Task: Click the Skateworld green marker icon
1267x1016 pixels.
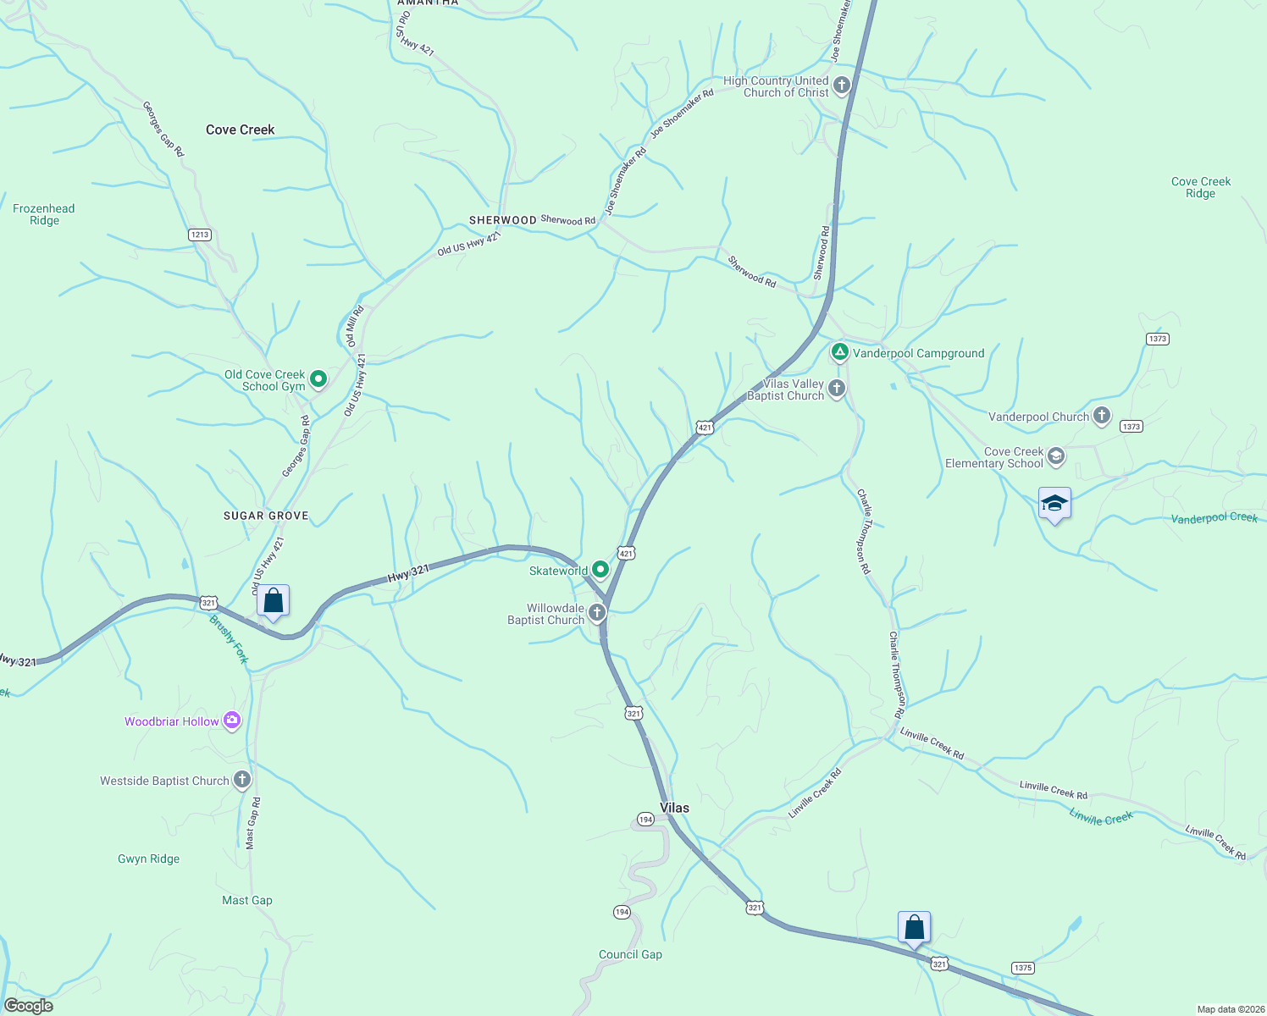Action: pyautogui.click(x=600, y=569)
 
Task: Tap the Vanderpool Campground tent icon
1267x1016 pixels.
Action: pyautogui.click(x=839, y=352)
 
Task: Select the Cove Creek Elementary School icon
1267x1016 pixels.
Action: pyautogui.click(x=1055, y=457)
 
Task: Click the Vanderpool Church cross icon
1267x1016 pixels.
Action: pyautogui.click(x=1101, y=416)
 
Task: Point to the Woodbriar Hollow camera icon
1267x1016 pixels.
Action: pyautogui.click(x=232, y=721)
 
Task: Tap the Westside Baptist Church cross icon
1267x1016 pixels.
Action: pyautogui.click(x=242, y=780)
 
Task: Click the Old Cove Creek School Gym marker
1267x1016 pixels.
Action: pyautogui.click(x=318, y=379)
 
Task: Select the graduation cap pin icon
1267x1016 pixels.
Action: pyautogui.click(x=1054, y=505)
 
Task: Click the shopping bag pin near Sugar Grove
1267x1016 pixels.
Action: pyautogui.click(x=273, y=601)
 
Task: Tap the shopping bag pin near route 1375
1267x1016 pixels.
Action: pyautogui.click(x=914, y=928)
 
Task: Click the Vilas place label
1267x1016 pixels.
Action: pyautogui.click(x=674, y=808)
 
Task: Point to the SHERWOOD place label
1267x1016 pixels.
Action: pyautogui.click(x=503, y=220)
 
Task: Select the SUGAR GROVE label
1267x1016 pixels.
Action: pyautogui.click(x=266, y=516)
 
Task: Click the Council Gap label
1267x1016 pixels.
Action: pyautogui.click(x=630, y=954)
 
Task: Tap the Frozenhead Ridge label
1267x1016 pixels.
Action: pyautogui.click(x=44, y=214)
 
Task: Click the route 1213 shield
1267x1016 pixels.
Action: pyautogui.click(x=199, y=235)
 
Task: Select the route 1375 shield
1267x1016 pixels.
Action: pyautogui.click(x=1022, y=968)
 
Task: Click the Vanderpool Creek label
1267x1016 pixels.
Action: pyautogui.click(x=1214, y=518)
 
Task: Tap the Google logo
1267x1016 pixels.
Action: pyautogui.click(x=28, y=1006)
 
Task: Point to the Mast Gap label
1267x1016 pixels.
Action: pyautogui.click(x=247, y=900)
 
